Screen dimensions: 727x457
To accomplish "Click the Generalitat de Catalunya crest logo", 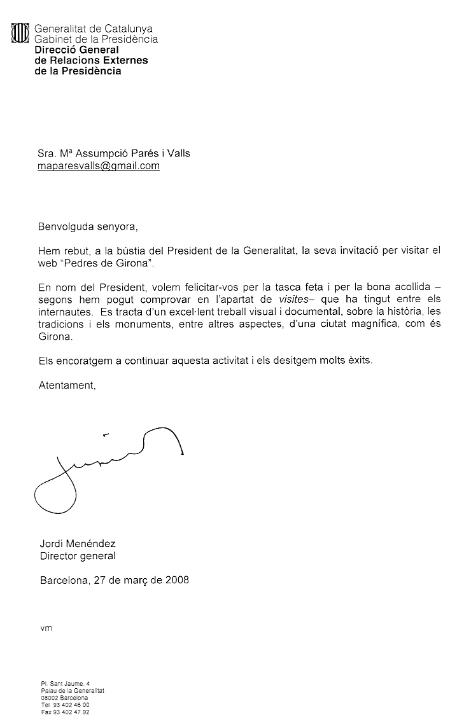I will (21, 33).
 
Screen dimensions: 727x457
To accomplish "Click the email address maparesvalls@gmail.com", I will (99, 166).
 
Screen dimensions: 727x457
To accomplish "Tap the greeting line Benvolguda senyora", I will (88, 226).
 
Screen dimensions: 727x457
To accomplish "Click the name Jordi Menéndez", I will (78, 544).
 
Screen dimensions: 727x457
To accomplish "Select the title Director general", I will (78, 556).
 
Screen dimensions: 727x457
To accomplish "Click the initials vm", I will (45, 628).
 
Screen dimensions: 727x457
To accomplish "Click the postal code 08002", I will (50, 698).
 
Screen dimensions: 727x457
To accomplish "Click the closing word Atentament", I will (67, 385).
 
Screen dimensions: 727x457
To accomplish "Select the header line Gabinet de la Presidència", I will (95, 39).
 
